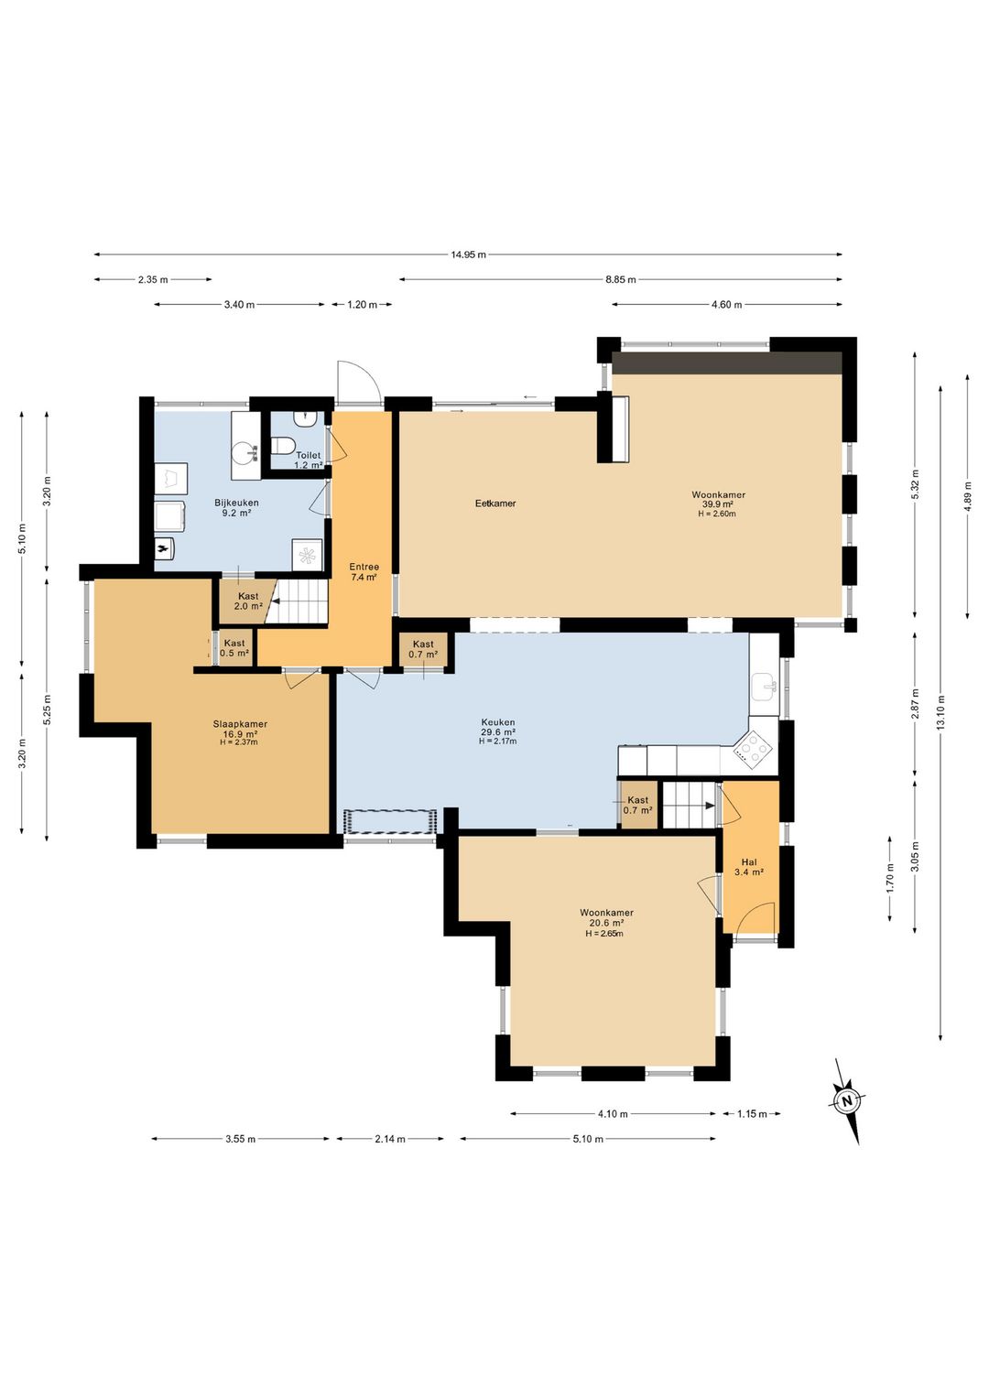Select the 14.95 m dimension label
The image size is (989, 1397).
(468, 254)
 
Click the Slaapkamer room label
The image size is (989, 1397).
(240, 724)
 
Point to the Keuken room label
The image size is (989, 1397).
(497, 723)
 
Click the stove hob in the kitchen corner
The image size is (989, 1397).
(755, 746)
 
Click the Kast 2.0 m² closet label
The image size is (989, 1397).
(248, 601)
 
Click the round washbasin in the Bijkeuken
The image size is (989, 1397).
(244, 452)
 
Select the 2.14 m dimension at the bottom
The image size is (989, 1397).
(390, 1139)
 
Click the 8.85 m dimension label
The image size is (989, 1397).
(620, 279)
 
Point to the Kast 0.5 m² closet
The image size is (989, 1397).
(234, 648)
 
